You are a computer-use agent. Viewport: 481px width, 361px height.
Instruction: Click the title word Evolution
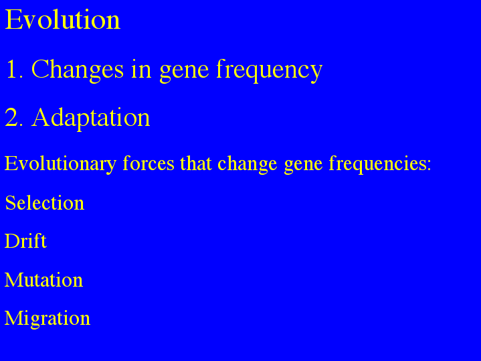pos(63,19)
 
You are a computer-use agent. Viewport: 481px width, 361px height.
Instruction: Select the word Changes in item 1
pos(78,70)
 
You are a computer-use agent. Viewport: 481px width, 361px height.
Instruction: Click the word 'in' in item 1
pos(141,69)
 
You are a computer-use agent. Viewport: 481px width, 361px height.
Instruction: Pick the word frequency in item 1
pos(270,71)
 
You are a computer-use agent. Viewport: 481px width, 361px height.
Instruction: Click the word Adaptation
pos(91,119)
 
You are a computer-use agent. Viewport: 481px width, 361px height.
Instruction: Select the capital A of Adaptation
pos(41,117)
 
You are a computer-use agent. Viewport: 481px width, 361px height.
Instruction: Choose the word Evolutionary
pos(60,164)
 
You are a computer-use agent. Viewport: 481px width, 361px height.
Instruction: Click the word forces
pos(149,163)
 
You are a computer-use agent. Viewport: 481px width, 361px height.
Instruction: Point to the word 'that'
pos(196,163)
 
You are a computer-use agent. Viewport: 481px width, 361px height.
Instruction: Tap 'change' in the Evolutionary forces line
pos(248,164)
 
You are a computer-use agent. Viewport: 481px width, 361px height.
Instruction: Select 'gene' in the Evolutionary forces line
pos(304,166)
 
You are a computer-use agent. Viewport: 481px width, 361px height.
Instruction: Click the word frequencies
pos(377,164)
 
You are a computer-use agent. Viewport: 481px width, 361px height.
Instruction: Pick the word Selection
pos(45,203)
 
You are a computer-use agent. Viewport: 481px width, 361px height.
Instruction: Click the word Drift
pos(25,241)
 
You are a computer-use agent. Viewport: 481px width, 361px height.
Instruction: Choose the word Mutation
pos(43,279)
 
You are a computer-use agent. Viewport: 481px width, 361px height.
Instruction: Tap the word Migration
pos(47,319)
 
